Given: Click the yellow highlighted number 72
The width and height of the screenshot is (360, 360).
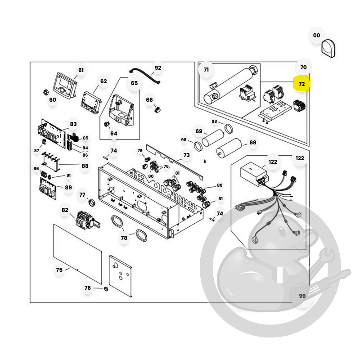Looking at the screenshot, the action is tap(301, 84).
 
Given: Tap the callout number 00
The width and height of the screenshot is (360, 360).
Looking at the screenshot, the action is tap(316, 36).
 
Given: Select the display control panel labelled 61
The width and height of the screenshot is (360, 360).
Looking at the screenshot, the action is tap(65, 85).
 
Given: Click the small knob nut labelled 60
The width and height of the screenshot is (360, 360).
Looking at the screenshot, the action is tap(46, 92).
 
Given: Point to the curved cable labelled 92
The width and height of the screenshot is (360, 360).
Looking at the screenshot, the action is tap(144, 75).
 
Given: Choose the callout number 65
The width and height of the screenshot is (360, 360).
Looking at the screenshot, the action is tap(134, 83).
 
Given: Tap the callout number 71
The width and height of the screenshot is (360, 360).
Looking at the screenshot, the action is tap(206, 69).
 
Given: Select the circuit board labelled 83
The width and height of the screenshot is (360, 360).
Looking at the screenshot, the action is tap(52, 133).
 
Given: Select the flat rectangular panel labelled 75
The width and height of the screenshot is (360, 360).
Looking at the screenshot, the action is tap(77, 254).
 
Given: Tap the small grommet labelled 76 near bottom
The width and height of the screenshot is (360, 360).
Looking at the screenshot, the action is tap(106, 288).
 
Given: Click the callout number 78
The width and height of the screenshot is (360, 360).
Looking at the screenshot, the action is tap(124, 238).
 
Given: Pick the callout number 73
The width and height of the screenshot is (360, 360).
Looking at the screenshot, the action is tap(186, 155).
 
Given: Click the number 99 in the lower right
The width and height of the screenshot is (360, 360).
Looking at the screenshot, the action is tap(302, 296).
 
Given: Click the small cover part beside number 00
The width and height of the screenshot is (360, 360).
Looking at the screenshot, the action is tap(328, 49).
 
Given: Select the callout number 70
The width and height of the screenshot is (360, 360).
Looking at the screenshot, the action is tap(303, 67).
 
